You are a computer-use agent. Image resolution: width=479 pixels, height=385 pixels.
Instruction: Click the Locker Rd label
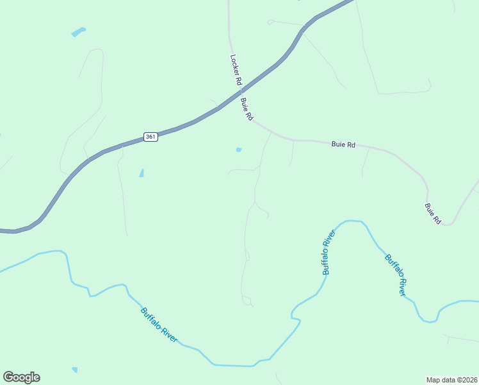point(234,70)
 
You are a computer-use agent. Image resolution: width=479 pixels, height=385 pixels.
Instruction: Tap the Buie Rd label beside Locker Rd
point(247,109)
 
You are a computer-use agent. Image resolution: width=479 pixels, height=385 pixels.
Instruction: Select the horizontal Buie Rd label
point(343,145)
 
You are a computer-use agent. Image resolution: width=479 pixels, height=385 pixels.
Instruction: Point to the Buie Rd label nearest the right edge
point(433,214)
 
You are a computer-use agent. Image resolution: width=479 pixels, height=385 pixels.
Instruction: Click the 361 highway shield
point(150,137)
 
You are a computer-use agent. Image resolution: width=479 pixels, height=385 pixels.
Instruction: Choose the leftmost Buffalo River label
point(159,325)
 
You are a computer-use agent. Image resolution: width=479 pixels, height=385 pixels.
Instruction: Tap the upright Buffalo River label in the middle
point(329,252)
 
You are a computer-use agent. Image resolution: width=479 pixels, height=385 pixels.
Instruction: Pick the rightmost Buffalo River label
point(396,275)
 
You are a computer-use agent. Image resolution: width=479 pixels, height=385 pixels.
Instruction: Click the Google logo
point(21,377)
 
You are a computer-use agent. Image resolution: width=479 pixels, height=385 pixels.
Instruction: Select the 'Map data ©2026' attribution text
point(451,379)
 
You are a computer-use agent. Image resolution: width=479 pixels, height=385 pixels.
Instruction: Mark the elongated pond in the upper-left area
point(78,31)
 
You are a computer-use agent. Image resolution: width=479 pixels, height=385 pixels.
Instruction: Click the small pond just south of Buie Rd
point(239,150)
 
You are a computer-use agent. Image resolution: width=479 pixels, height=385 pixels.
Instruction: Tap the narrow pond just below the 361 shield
point(142,173)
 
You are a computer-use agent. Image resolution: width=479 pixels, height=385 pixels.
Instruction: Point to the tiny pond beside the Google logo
point(75,370)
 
